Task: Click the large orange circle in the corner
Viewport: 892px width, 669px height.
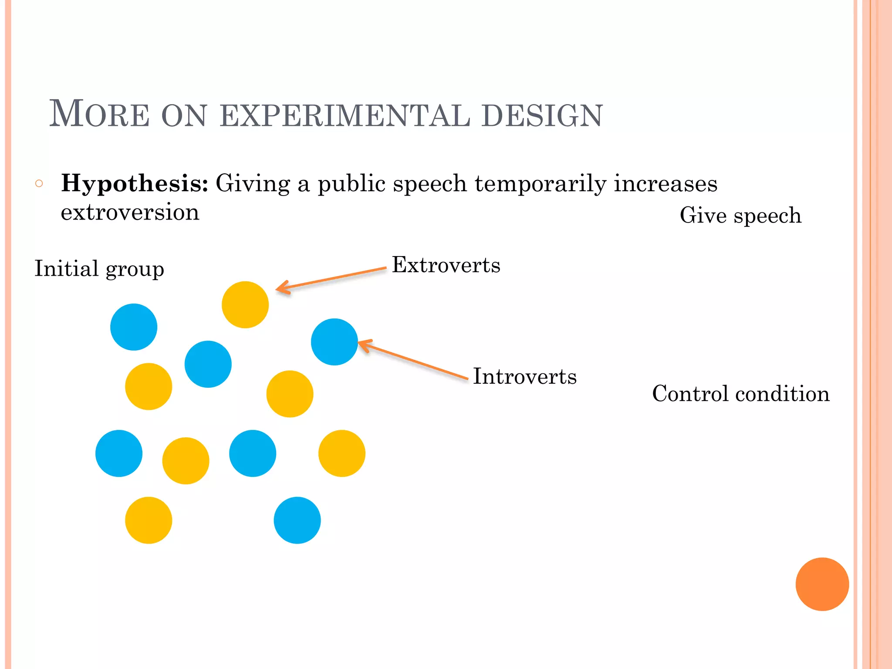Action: pyautogui.click(x=822, y=584)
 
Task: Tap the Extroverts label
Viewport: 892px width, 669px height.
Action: pyautogui.click(x=446, y=265)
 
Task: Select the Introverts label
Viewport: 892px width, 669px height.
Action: pyautogui.click(x=524, y=377)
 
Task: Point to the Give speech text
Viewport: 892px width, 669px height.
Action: pyautogui.click(x=740, y=216)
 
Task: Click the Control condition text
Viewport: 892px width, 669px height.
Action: pyautogui.click(x=740, y=394)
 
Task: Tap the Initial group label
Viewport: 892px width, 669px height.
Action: pyautogui.click(x=99, y=269)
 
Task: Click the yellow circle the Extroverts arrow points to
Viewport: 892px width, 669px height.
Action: pyautogui.click(x=245, y=304)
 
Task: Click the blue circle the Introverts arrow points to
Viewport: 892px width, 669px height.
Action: pyautogui.click(x=334, y=342)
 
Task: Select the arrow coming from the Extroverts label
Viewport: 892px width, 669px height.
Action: pyautogui.click(x=331, y=279)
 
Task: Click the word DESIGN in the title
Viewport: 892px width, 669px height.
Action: pyautogui.click(x=542, y=116)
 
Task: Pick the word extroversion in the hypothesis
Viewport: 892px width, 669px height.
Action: pyautogui.click(x=130, y=213)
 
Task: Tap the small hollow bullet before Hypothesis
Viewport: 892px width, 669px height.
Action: pyautogui.click(x=39, y=183)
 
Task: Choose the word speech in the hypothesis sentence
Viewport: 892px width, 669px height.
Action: pyautogui.click(x=430, y=183)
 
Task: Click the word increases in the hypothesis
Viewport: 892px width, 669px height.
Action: pyautogui.click(x=666, y=183)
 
